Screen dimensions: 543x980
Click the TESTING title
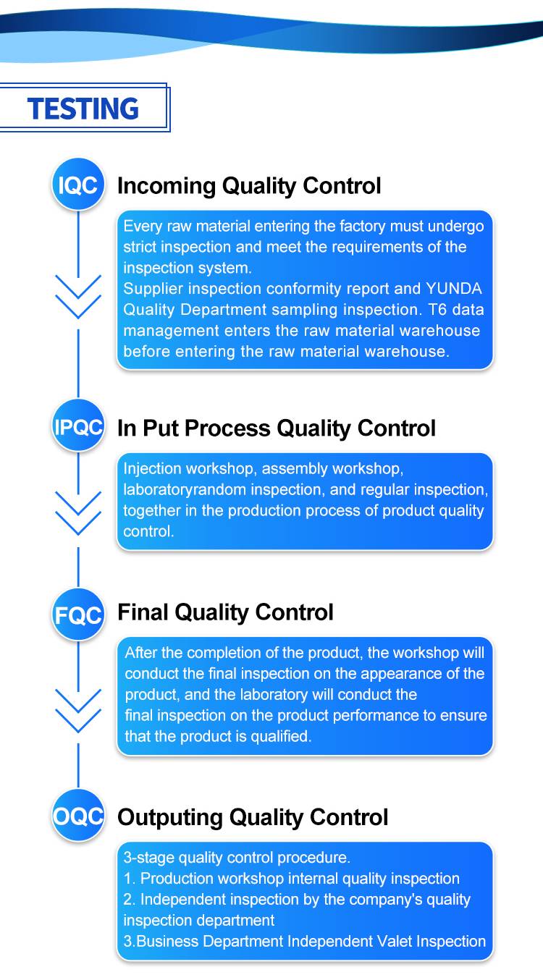click(83, 109)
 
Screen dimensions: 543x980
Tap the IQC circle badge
click(78, 184)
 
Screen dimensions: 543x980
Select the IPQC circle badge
click(78, 426)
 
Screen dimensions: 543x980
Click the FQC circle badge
click(78, 614)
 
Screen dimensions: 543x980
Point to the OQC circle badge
click(78, 816)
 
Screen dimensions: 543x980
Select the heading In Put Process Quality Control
click(276, 428)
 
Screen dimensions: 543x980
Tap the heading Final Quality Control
click(225, 612)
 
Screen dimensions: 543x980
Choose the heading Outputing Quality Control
click(253, 817)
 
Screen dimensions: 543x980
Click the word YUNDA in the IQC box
click(454, 289)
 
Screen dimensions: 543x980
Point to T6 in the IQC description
click(437, 310)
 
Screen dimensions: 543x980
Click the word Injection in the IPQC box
click(152, 469)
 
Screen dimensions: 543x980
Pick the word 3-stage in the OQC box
click(149, 858)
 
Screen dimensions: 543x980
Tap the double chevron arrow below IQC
click(78, 297)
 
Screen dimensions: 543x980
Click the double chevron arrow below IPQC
click(78, 513)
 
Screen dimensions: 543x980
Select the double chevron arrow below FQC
click(78, 711)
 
